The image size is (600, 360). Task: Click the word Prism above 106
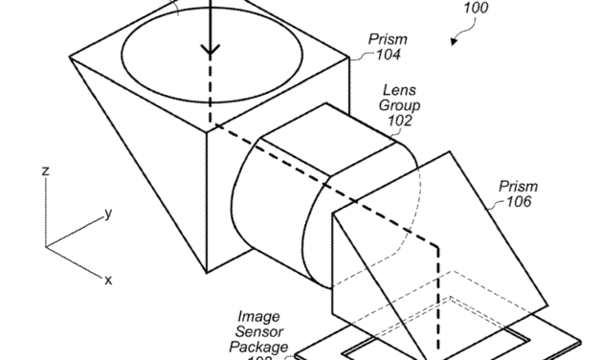tap(517, 186)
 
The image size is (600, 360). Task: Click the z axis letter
tap(44, 169)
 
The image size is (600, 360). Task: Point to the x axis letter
tap(108, 280)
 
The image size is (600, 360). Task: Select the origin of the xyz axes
tap(45, 247)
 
